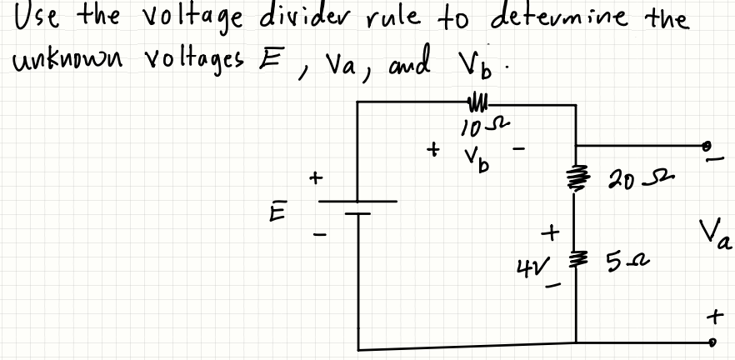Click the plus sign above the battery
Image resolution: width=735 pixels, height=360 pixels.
(315, 177)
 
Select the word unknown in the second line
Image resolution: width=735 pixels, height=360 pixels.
(51, 60)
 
